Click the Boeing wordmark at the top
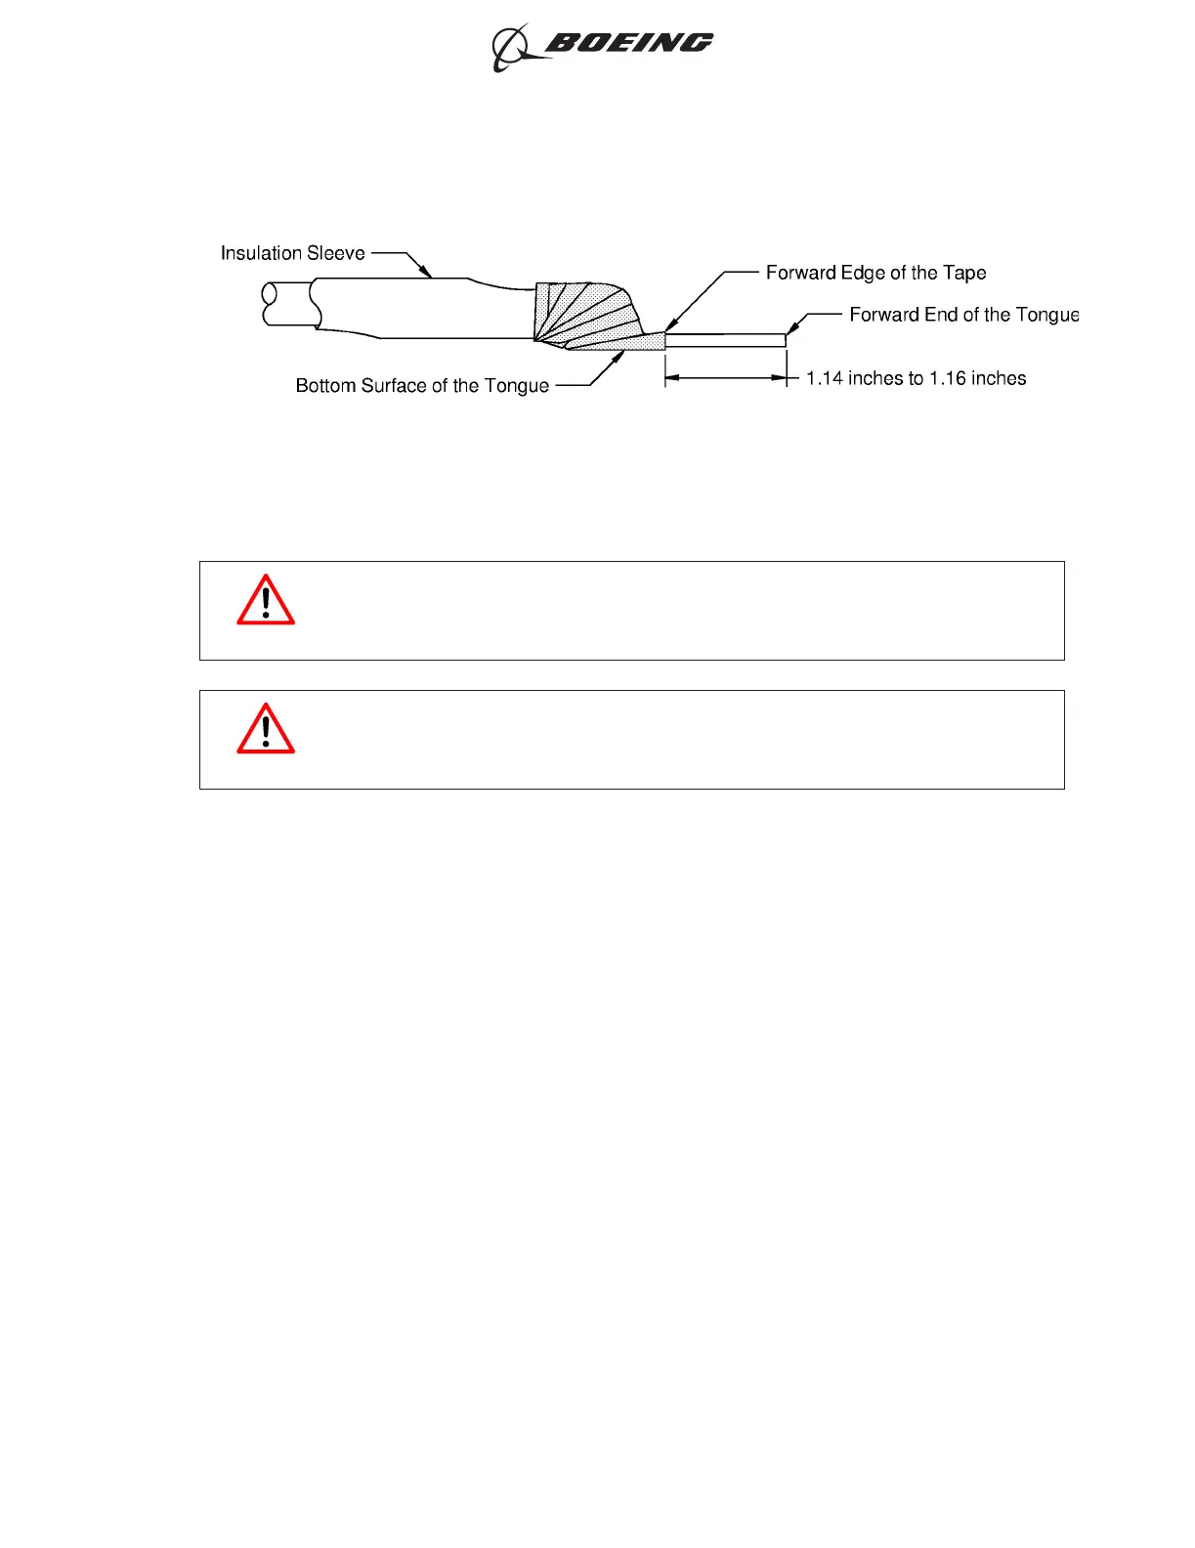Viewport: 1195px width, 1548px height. point(628,43)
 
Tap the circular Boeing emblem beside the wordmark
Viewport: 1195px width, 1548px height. point(509,48)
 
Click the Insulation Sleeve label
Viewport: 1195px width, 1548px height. point(292,253)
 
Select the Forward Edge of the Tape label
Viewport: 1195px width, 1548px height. point(875,273)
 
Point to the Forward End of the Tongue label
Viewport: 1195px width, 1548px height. point(963,315)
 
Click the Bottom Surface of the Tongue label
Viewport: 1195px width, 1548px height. point(422,386)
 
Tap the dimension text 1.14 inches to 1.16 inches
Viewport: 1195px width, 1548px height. point(916,378)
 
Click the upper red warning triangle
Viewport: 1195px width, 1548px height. point(266,600)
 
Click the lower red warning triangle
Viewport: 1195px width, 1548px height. point(266,729)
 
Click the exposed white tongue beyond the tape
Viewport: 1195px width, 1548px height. point(725,340)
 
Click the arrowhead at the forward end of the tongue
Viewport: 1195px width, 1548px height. point(791,329)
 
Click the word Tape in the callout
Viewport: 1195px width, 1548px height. point(964,273)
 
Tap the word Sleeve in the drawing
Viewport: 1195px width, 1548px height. point(335,253)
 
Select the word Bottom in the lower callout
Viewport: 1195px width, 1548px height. point(325,386)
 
